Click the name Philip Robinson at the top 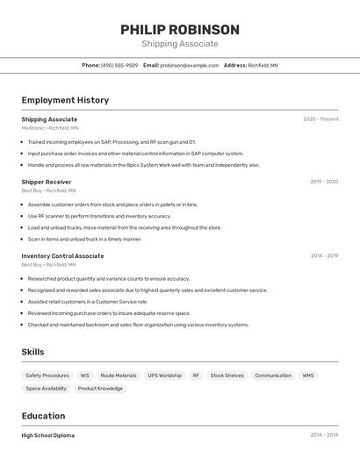click(x=180, y=30)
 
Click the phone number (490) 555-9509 click(x=119, y=65)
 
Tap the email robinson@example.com click(x=189, y=65)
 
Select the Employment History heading click(x=65, y=100)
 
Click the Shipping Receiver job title click(x=47, y=182)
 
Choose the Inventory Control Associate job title click(x=62, y=256)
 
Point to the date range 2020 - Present click(x=320, y=119)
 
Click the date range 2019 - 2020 click(x=323, y=182)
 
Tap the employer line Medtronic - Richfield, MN click(x=50, y=128)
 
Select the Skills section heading click(x=33, y=352)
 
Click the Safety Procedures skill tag click(x=47, y=376)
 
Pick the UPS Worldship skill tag click(x=164, y=376)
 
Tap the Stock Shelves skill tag click(x=227, y=376)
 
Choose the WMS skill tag click(x=308, y=376)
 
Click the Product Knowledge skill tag click(x=100, y=389)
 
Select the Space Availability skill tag click(x=46, y=389)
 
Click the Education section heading click(x=43, y=416)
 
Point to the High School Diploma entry click(x=48, y=435)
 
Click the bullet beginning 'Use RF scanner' click(x=99, y=216)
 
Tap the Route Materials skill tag click(x=119, y=376)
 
